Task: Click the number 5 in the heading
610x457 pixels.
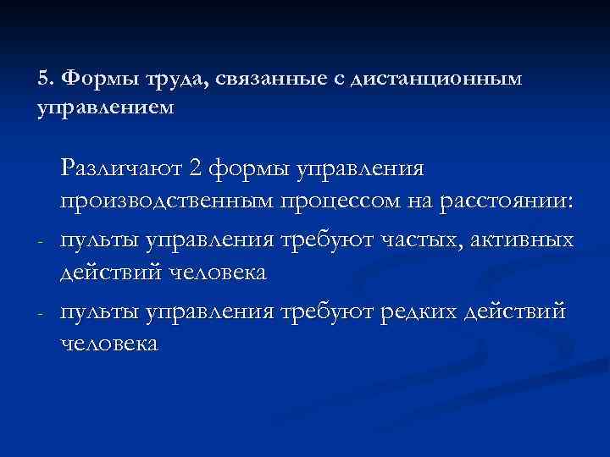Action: coord(43,79)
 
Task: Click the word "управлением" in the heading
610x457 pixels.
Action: coord(106,109)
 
